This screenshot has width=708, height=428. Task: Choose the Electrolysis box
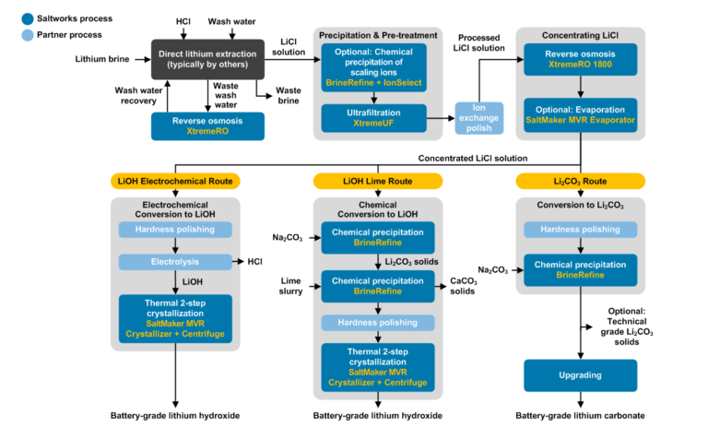174,262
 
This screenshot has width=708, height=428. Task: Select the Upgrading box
580,374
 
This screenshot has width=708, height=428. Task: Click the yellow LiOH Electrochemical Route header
175,181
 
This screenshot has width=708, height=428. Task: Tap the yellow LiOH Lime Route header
377,181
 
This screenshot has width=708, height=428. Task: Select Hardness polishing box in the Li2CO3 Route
580,228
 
